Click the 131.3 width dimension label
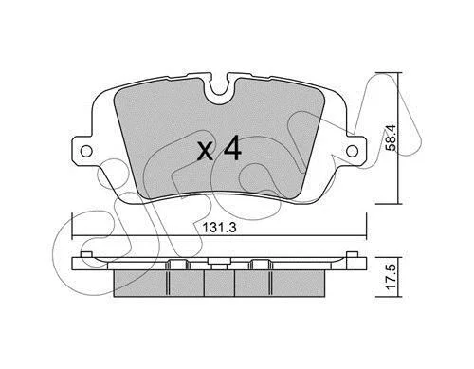tap(219, 228)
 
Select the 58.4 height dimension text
tap(391, 138)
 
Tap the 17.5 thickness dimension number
tap(391, 276)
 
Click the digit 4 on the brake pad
tap(232, 148)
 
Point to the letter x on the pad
tap(206, 152)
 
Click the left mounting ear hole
tap(86, 151)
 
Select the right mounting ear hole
tap(352, 151)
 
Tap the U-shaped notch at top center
tap(220, 89)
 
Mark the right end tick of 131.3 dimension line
tap(366, 227)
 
